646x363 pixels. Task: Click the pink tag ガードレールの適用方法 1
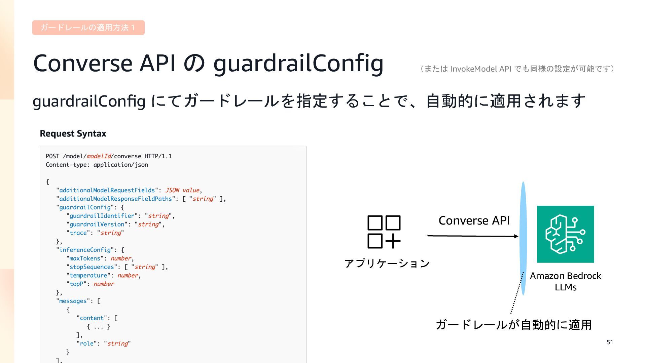click(88, 28)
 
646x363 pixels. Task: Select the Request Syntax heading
click(73, 134)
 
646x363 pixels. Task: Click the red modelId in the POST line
click(99, 156)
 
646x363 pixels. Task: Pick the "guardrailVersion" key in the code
click(97, 224)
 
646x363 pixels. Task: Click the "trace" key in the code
click(78, 233)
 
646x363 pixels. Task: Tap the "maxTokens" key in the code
click(85, 258)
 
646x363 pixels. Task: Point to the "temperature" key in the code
click(88, 276)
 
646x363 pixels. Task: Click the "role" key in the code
click(87, 344)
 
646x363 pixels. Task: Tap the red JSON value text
click(182, 190)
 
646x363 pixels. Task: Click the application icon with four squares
click(384, 232)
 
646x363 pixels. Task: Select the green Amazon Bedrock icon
click(565, 234)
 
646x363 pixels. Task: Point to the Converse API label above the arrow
click(474, 220)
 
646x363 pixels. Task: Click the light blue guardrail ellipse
click(523, 239)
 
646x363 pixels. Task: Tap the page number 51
click(610, 342)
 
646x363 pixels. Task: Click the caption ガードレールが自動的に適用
click(513, 325)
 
